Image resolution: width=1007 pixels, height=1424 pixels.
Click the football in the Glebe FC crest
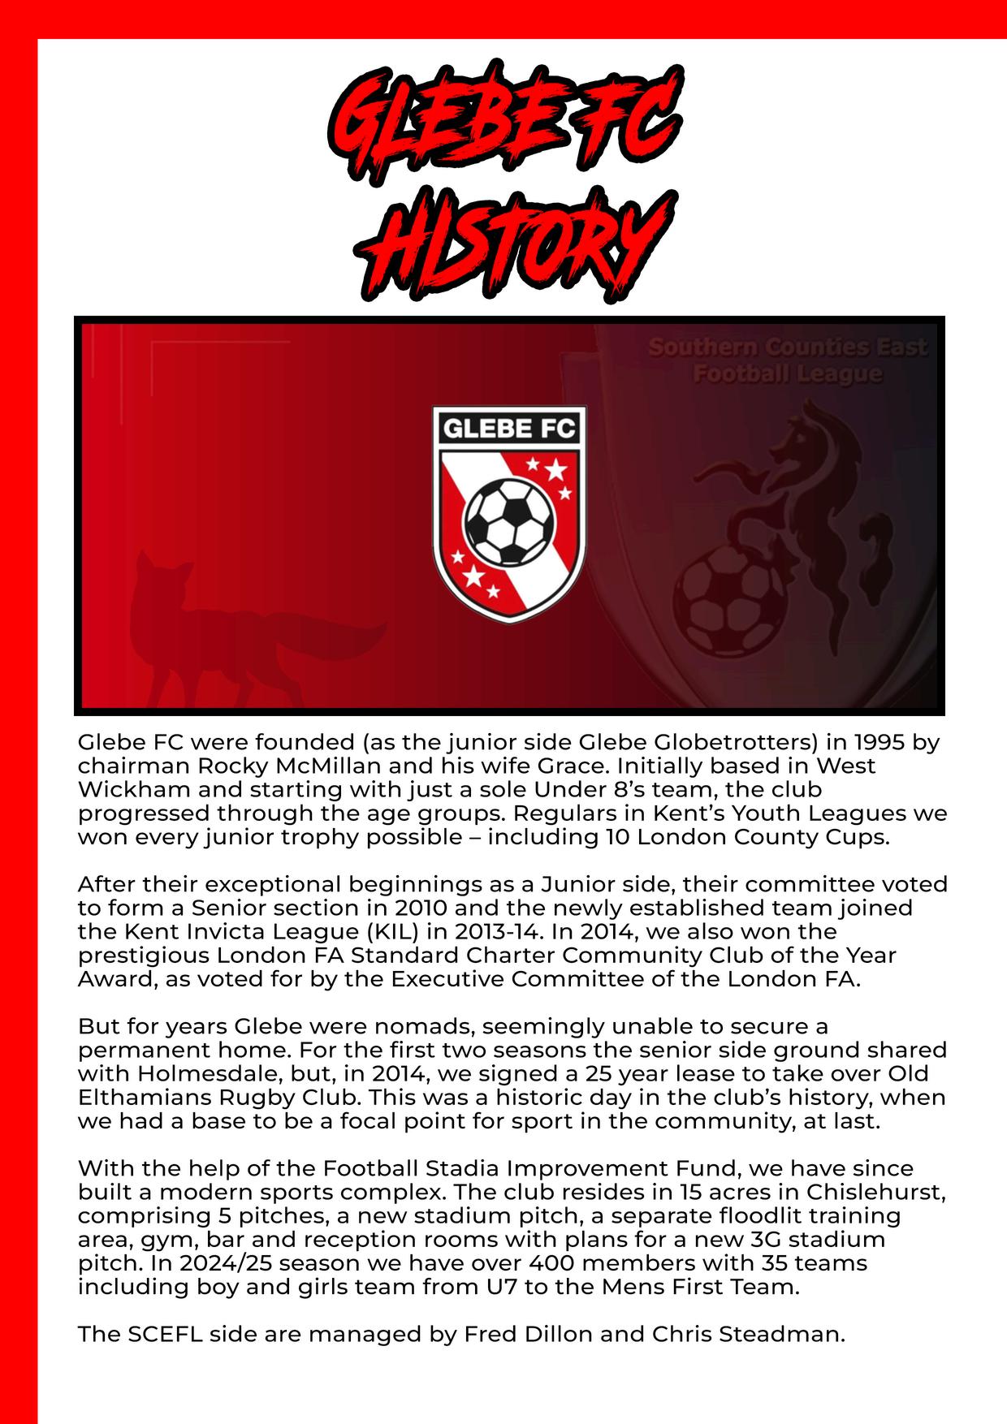click(508, 522)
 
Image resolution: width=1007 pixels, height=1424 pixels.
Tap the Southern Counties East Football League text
click(787, 360)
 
